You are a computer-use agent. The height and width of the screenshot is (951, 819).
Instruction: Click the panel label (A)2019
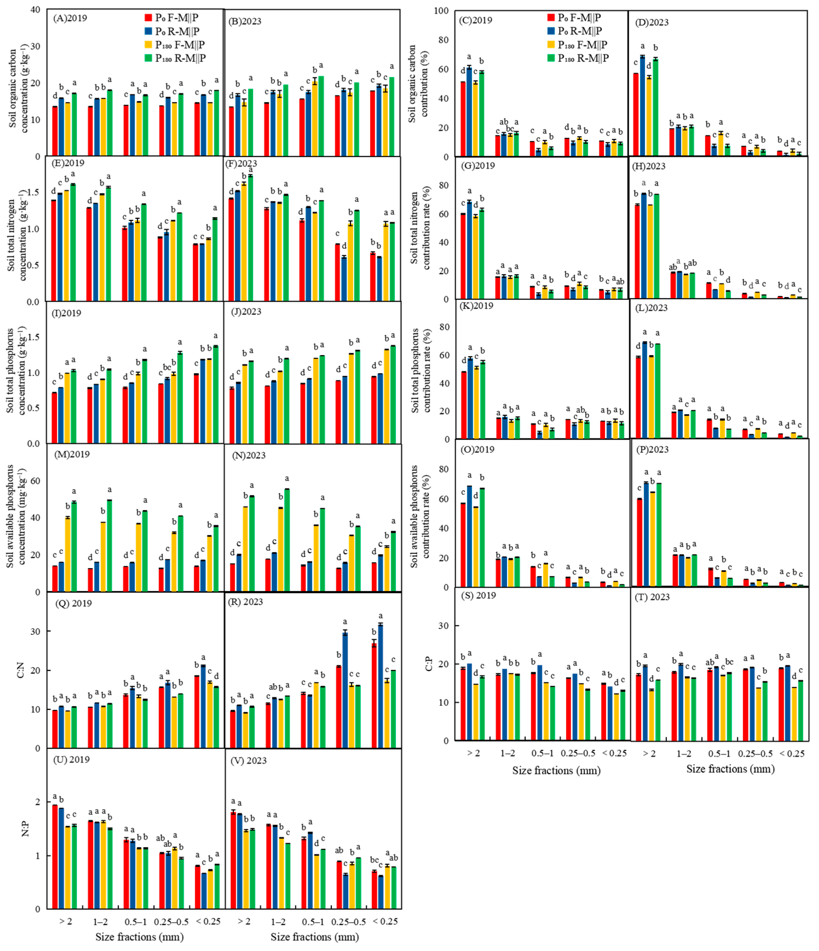tap(70, 18)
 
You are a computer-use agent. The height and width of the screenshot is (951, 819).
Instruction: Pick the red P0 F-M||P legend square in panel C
tap(551, 18)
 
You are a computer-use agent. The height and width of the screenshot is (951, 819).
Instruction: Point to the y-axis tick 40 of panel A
tap(36, 10)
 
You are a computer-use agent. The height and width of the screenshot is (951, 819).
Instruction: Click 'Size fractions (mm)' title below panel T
tap(730, 769)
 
